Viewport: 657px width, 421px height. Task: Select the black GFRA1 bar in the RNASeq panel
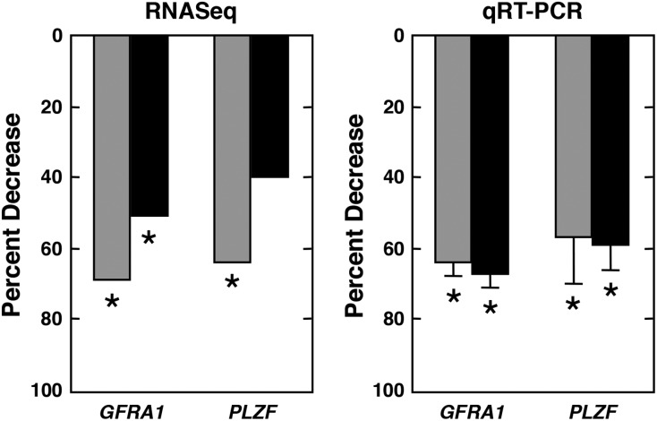click(x=149, y=125)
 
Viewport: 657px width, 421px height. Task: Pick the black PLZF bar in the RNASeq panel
click(x=269, y=107)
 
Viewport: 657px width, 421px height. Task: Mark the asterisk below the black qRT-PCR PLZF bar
click(x=610, y=291)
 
